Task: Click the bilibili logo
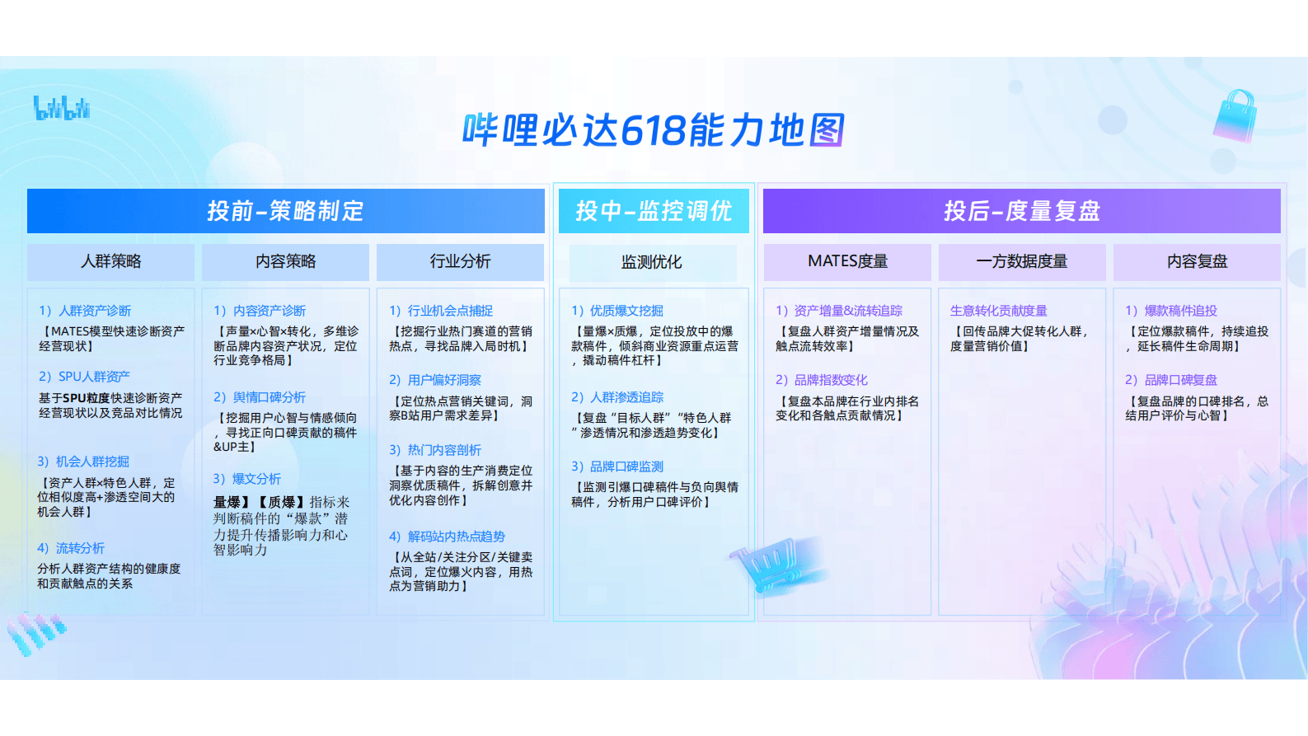62,108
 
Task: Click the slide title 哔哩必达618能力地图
653,130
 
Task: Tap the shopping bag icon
1235,115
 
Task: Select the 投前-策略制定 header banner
285,211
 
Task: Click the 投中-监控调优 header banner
653,211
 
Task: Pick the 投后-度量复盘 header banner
1021,211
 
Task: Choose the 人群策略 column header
110,261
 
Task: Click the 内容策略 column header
285,261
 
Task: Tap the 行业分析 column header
460,261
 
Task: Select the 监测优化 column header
651,262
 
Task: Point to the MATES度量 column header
847,261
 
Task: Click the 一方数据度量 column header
1021,261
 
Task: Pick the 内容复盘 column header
1197,261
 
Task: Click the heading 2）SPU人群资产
84,377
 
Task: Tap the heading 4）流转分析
71,548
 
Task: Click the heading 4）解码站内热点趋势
447,537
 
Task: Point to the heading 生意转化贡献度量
998,311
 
